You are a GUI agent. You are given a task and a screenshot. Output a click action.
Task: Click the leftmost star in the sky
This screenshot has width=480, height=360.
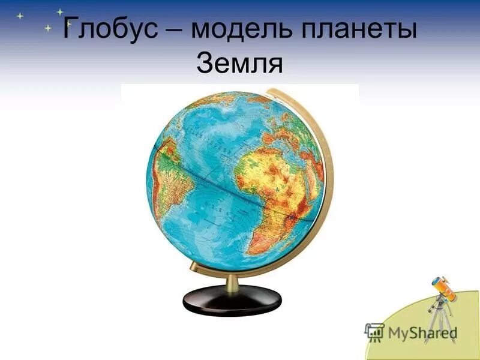point(20,16)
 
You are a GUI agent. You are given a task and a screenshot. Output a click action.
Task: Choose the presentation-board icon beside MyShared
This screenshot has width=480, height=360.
point(374,331)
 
